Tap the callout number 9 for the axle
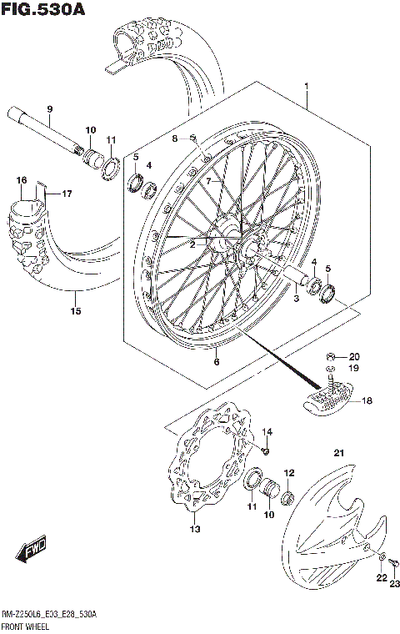tap(49, 109)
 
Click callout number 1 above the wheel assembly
tap(307, 87)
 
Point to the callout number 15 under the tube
tap(76, 311)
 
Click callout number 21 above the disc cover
tap(339, 453)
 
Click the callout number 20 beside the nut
tap(353, 355)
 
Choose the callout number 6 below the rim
tap(217, 361)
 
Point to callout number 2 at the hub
tap(192, 244)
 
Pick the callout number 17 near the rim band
tap(67, 194)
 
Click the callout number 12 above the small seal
tap(289, 473)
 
